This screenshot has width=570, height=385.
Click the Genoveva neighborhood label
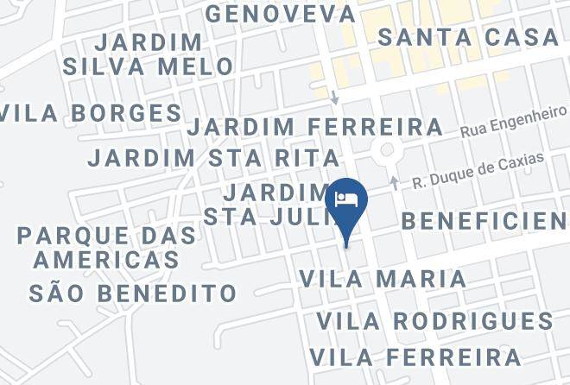[281, 14]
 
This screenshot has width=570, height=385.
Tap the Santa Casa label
[468, 37]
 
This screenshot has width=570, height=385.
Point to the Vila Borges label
[91, 113]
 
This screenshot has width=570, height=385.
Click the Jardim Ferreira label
[315, 127]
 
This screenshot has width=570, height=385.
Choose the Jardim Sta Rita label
[214, 158]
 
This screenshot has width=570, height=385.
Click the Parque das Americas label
[98, 247]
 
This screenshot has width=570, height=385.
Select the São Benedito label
[133, 293]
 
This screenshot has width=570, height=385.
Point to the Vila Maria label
[383, 279]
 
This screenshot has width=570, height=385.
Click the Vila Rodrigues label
[434, 321]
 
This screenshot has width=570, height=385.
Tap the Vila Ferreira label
[415, 357]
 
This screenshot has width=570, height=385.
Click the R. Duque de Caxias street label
[478, 171]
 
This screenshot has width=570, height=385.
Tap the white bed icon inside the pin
[347, 198]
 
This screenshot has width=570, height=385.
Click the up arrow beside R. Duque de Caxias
[395, 183]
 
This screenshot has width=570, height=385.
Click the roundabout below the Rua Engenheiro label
[387, 151]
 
